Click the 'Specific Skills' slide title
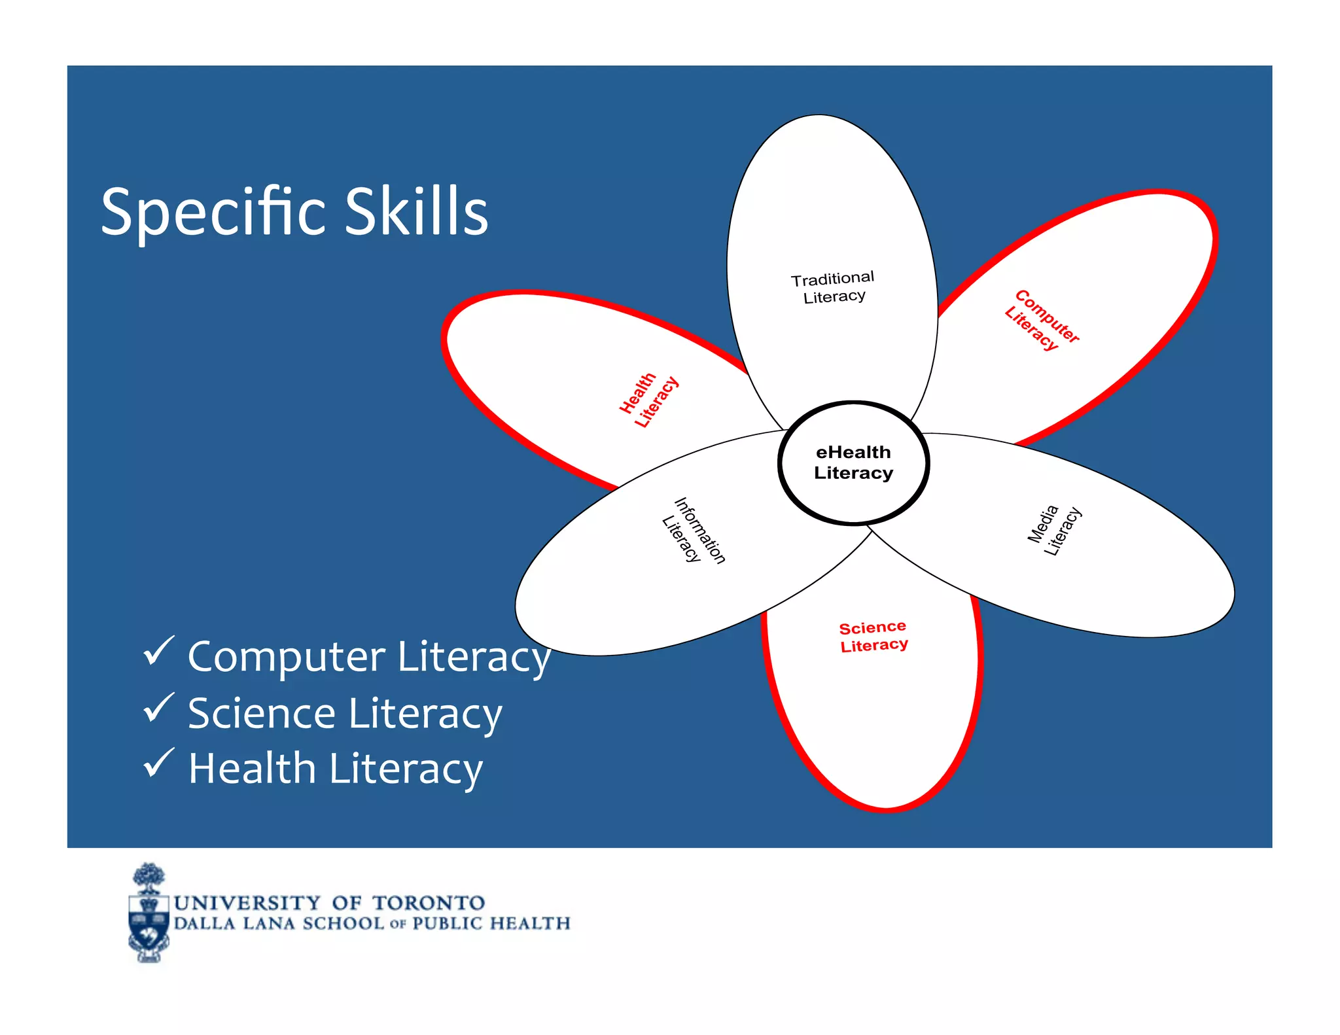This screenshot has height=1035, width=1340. tap(294, 211)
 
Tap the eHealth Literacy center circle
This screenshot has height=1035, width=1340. tap(853, 463)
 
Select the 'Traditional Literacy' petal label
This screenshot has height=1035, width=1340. tap(833, 288)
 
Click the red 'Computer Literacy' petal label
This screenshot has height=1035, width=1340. tap(1042, 320)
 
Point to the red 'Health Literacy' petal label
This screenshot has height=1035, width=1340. tap(648, 400)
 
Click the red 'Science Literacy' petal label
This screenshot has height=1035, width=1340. tap(873, 637)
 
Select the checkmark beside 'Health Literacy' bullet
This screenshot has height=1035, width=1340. tap(158, 763)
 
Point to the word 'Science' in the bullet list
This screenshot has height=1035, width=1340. tap(262, 713)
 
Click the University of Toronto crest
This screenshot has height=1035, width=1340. tap(149, 913)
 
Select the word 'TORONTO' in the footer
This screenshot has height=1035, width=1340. tap(429, 903)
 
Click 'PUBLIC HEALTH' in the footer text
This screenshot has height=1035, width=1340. tap(491, 923)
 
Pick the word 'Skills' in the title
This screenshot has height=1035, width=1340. tap(416, 211)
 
